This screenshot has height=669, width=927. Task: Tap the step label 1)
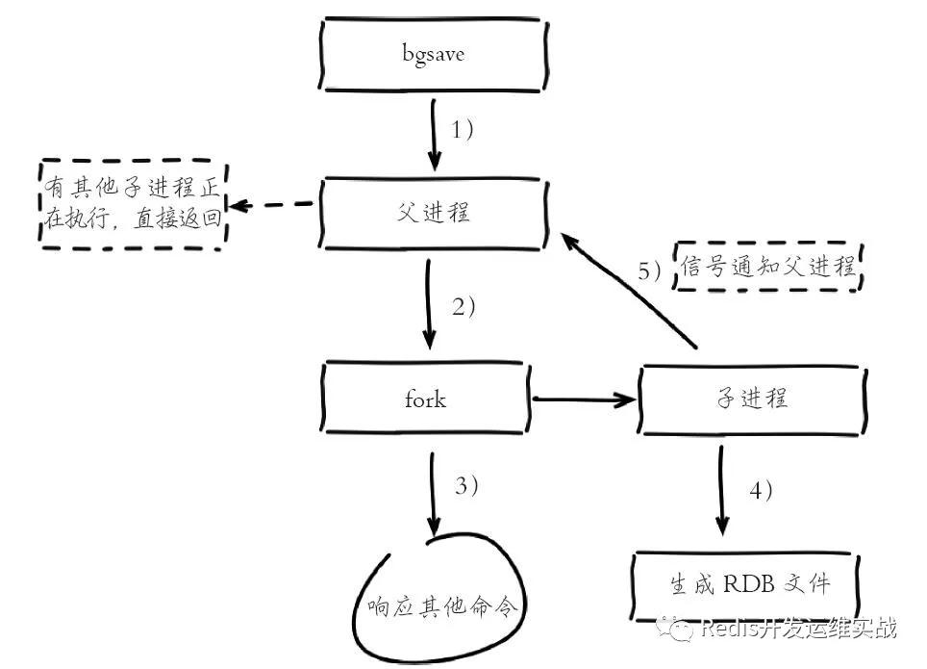point(462,130)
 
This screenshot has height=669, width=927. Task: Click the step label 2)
point(463,307)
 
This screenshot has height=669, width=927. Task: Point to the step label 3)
point(466,485)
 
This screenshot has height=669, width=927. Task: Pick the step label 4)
point(761,490)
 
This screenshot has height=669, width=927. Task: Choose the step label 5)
point(649,270)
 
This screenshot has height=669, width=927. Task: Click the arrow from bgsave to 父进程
point(435,135)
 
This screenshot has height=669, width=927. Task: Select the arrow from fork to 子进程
point(584,399)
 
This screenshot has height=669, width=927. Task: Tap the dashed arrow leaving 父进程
point(271,205)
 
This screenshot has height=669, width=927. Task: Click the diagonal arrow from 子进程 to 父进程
point(629,290)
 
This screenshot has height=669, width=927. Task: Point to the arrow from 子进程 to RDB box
point(722,491)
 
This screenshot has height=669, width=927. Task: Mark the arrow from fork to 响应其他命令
point(434,494)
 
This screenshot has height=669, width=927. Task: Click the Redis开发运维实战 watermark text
point(799,628)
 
